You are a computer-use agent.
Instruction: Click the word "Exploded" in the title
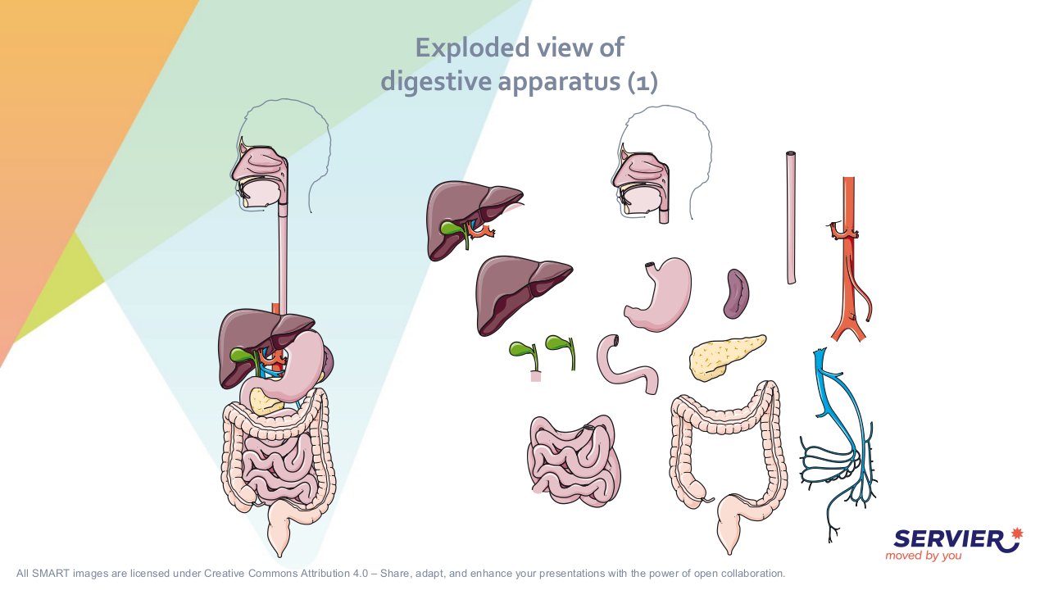pos(473,48)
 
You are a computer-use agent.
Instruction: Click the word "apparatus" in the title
pos(559,81)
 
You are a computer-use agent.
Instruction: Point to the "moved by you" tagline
pos(923,556)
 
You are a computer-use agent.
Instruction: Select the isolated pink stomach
pos(657,294)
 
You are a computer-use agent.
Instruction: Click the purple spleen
pos(736,293)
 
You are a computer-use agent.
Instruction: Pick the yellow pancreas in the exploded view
pos(725,356)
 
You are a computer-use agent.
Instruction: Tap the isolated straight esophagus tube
pos(791,218)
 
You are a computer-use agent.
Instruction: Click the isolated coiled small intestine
pos(574,461)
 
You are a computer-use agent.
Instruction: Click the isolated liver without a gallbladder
pos(523,295)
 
